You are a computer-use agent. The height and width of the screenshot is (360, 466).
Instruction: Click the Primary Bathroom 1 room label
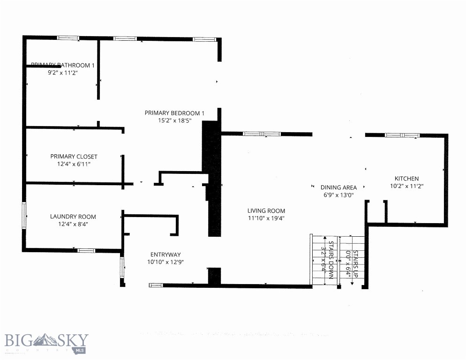coord(63,65)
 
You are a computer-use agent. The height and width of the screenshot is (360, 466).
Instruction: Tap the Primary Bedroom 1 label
coord(174,113)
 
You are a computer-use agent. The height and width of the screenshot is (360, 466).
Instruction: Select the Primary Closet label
coord(74,157)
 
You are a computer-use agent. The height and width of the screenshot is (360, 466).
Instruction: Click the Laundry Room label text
coord(73,217)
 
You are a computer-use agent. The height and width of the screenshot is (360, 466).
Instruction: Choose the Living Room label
coord(266,211)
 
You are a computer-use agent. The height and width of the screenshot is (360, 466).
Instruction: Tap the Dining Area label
coord(338,187)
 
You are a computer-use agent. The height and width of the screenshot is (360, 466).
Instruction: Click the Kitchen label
coord(406,179)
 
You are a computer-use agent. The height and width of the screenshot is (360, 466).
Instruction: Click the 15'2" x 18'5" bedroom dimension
coord(174,121)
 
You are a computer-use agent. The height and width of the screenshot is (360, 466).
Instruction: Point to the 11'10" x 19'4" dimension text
coord(266,218)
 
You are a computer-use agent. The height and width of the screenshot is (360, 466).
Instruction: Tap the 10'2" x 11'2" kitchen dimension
coord(406,186)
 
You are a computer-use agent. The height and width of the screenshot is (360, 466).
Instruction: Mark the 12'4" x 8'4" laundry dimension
coord(73,224)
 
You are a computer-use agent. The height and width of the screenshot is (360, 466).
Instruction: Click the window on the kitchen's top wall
coord(402,135)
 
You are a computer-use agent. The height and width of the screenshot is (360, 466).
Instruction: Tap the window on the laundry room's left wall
coord(24,215)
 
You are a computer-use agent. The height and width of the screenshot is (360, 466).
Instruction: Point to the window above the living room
coord(262,134)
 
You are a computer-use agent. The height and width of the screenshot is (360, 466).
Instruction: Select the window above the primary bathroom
coord(68,38)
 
